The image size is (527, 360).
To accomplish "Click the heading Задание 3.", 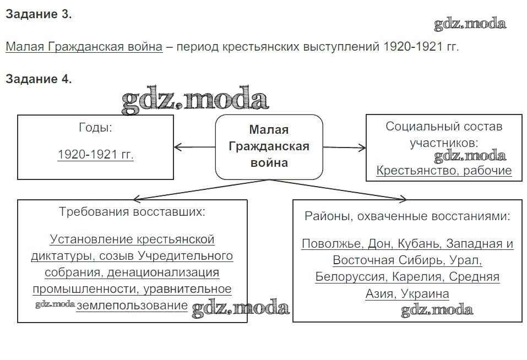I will coord(39,15).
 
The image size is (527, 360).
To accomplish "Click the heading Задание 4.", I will coord(39,79).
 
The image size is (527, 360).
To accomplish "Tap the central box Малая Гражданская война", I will coord(269,146).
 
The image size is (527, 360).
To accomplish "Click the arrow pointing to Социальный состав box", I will coord(344,148).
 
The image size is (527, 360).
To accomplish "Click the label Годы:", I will coord(95,128).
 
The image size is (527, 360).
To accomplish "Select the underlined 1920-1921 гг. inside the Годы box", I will coord(95,155).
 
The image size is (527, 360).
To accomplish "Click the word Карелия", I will coord(420,277).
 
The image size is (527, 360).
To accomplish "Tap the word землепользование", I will coord(132,306).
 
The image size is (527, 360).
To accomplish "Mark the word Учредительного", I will coord(186,256).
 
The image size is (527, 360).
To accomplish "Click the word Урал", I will coord(465,260).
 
